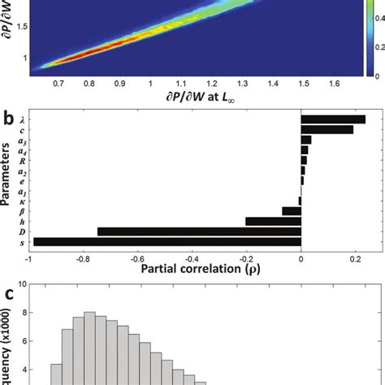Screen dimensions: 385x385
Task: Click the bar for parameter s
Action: (166, 240)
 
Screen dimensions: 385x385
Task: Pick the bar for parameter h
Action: (273, 220)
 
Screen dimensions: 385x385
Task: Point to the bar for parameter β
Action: (292, 210)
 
